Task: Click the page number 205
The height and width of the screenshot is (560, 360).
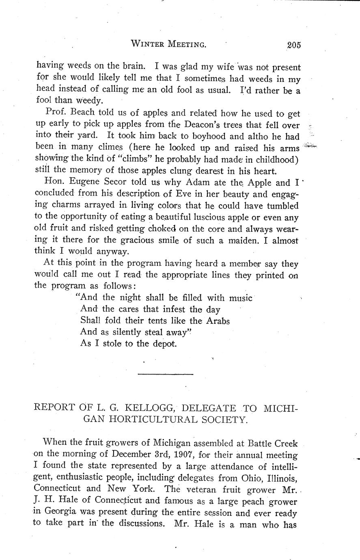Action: tap(291, 45)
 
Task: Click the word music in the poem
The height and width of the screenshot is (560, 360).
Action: tap(241, 298)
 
